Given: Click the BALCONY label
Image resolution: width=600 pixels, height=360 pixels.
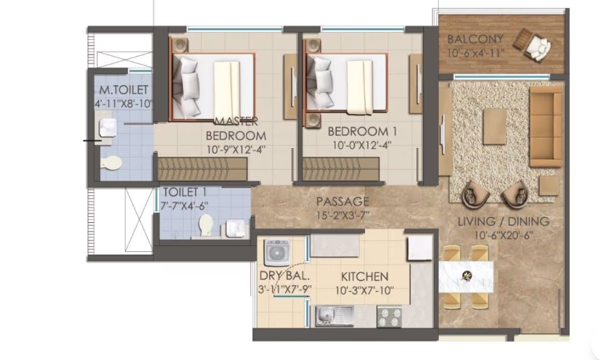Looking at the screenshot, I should point(475,38).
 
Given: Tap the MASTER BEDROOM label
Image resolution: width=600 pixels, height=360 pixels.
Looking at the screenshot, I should point(236,128).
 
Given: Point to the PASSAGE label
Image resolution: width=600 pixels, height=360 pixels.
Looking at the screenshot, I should point(342,201).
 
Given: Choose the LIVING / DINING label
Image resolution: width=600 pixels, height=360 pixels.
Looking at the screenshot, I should point(503,221).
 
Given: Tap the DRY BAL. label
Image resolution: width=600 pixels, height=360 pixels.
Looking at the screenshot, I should point(279,276).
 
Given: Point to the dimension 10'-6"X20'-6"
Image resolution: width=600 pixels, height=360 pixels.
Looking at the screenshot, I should point(503,235).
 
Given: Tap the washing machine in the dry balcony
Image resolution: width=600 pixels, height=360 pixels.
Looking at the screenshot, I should point(277,252).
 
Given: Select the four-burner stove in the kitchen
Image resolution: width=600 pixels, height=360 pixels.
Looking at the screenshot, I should point(389,316).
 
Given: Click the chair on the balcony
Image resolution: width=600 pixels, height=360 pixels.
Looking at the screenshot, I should point(540,46).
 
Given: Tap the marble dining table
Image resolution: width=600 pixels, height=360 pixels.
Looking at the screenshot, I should point(465,276).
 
